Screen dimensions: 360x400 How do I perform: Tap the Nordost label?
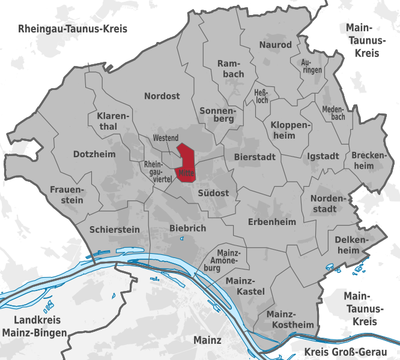click(x=162, y=96)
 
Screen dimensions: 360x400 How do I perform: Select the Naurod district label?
click(x=275, y=45)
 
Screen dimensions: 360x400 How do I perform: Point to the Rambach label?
click(x=231, y=68)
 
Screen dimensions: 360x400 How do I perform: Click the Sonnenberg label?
click(x=217, y=114)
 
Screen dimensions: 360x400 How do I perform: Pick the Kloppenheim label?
click(x=291, y=130)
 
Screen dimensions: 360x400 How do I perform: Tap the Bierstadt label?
click(x=250, y=157)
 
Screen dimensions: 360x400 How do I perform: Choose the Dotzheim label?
click(x=94, y=154)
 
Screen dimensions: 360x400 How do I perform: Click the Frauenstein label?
click(x=67, y=194)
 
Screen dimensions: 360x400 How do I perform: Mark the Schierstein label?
click(x=114, y=229)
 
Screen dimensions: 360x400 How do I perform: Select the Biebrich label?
click(x=188, y=228)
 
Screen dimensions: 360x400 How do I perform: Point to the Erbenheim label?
click(x=272, y=222)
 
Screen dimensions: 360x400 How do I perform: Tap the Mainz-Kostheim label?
click(x=289, y=319)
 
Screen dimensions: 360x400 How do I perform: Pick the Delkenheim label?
click(x=348, y=245)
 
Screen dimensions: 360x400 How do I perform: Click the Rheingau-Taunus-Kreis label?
click(x=73, y=29)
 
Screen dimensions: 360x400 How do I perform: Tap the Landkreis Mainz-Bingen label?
click(x=32, y=326)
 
